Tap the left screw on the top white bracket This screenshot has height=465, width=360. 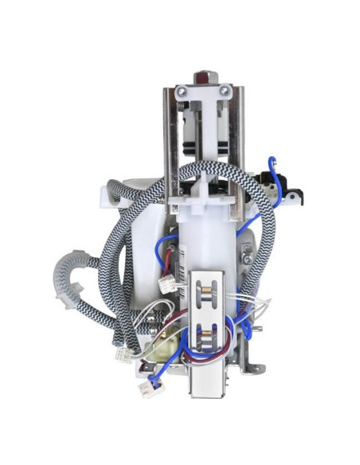(x=186, y=93)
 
